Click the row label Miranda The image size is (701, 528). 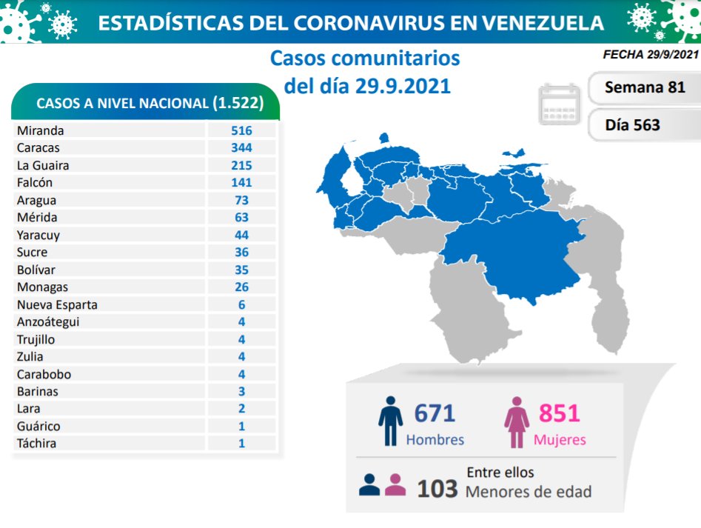click(40, 130)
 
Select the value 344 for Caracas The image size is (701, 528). click(241, 148)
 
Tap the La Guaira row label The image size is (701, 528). click(43, 165)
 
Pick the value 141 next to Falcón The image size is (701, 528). click(241, 182)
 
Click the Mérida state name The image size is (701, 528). click(36, 218)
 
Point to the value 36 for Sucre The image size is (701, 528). click(241, 253)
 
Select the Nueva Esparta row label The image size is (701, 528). click(57, 304)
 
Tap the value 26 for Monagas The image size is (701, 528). click(241, 287)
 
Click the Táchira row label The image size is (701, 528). click(36, 444)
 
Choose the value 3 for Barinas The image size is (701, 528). click(241, 392)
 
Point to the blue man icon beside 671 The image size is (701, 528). click(390, 420)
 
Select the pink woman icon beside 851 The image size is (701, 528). click(517, 421)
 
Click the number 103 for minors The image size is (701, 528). click(437, 489)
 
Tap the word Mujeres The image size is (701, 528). click(560, 440)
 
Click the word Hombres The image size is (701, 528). click(435, 440)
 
